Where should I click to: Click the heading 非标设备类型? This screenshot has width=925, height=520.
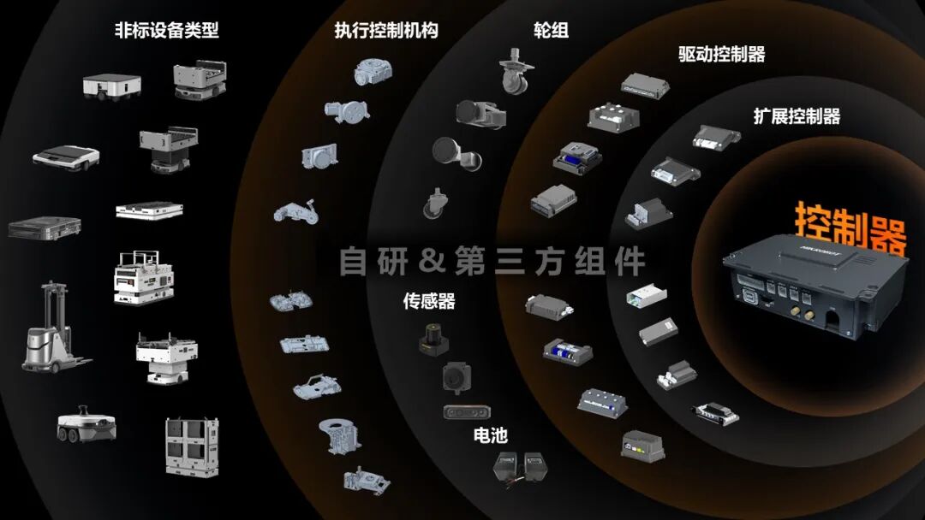[x=167, y=29]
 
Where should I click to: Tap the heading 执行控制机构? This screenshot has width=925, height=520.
[x=386, y=29]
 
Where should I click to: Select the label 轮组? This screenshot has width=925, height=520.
[x=551, y=29]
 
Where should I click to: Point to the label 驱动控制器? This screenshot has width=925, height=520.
[x=721, y=54]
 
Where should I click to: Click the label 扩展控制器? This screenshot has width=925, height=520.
[x=797, y=116]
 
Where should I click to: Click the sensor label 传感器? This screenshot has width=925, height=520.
[x=429, y=301]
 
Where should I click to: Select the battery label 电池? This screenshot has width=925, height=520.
[x=490, y=435]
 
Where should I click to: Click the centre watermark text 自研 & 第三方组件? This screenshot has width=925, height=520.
[x=492, y=261]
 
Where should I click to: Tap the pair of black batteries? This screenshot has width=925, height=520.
[x=520, y=469]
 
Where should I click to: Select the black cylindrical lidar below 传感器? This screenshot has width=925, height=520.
[x=433, y=339]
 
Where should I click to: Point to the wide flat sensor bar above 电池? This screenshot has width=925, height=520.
[x=466, y=411]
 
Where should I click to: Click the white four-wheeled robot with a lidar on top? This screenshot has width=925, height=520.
[x=87, y=423]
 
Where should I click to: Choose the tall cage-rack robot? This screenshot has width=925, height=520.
[x=193, y=447]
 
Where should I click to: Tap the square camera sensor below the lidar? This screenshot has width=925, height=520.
[x=457, y=377]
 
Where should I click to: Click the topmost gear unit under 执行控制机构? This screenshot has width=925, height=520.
[x=373, y=72]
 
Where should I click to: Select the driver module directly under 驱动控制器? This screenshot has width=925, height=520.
[x=645, y=86]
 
